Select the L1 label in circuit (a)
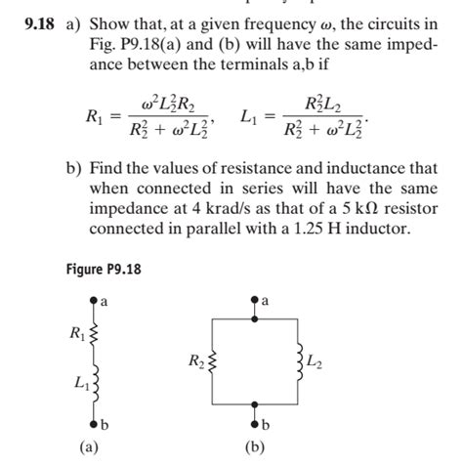[77, 383]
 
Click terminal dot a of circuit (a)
[94, 303]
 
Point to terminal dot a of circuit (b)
[255, 303]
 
